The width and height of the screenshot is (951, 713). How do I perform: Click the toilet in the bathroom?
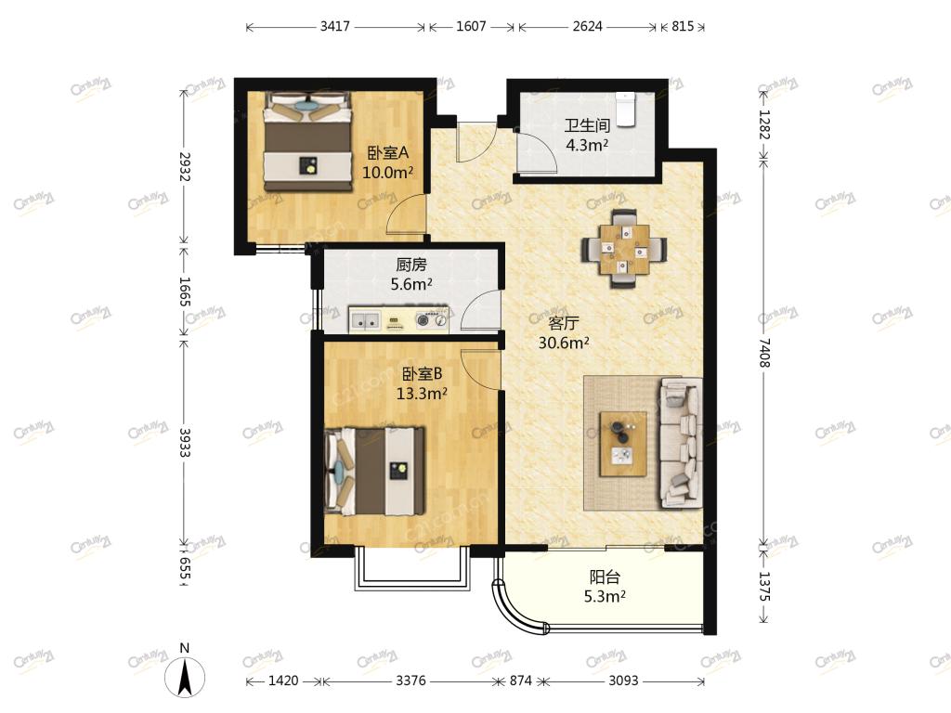pos(625,110)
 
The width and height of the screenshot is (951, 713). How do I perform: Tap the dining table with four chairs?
pos(624,248)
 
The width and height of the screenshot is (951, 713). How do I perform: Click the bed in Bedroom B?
pos(374,471)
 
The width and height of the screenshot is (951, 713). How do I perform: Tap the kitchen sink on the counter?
pos(365,320)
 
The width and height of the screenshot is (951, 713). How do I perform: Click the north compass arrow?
pos(185,677)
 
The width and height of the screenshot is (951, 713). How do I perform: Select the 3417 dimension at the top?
pos(334,27)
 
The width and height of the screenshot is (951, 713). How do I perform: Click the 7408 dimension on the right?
pos(764,353)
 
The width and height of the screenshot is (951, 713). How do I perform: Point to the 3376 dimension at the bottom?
pos(410,681)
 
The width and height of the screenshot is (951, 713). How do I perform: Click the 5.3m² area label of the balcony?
pos(605,597)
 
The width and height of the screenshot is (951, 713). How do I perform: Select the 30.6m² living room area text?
pos(564,344)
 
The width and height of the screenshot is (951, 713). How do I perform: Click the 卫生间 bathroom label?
pos(587,125)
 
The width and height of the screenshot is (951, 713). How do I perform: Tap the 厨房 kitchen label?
pos(411,265)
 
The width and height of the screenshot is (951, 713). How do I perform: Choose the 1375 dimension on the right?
pos(764,587)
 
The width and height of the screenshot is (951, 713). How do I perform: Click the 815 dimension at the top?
pos(683,27)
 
